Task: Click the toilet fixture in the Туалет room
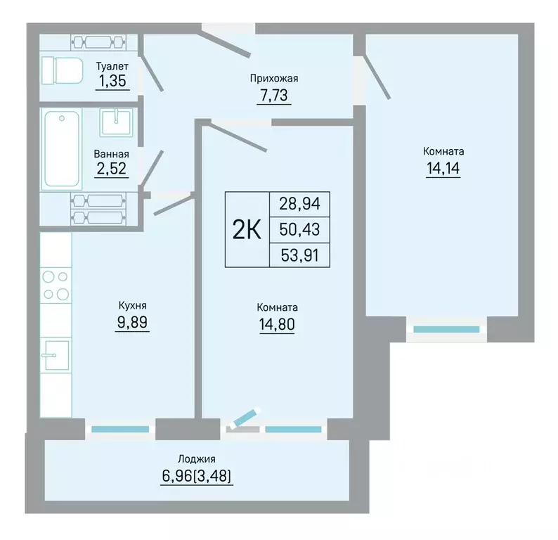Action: click(x=62, y=71)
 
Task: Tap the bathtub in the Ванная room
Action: click(x=61, y=148)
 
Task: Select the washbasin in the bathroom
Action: click(x=117, y=122)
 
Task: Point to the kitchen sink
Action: click(x=56, y=355)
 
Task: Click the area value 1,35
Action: click(x=112, y=81)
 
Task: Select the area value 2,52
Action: click(x=112, y=168)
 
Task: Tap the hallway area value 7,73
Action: click(x=274, y=96)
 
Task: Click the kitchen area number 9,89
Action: click(x=132, y=322)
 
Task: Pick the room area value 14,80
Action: click(x=277, y=324)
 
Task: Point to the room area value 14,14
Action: click(x=443, y=168)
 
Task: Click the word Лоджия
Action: click(x=197, y=459)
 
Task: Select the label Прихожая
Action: click(x=273, y=78)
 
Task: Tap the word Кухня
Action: click(x=132, y=305)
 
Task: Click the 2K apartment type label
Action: click(x=247, y=230)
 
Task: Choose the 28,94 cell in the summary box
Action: click(x=299, y=204)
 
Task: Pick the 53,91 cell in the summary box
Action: click(x=299, y=255)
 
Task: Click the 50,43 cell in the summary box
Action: click(x=299, y=230)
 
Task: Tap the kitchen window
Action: click(x=120, y=430)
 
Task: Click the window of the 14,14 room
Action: click(x=446, y=330)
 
